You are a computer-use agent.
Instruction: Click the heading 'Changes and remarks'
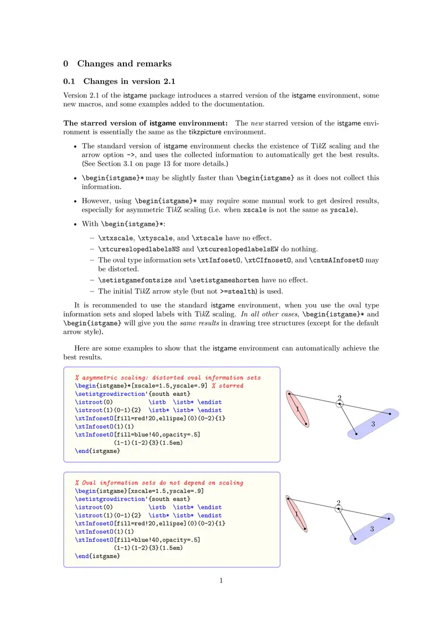pyautogui.click(x=124, y=64)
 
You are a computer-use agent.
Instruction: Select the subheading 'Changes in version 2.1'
pyautogui.click(x=130, y=81)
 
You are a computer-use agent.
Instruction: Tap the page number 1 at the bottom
pyautogui.click(x=221, y=581)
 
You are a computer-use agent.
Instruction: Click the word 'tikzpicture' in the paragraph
pyautogui.click(x=208, y=132)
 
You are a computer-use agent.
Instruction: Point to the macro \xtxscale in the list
pyautogui.click(x=117, y=238)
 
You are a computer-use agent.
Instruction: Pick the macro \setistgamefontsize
pyautogui.click(x=135, y=280)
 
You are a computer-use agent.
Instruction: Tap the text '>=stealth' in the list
pyautogui.click(x=238, y=291)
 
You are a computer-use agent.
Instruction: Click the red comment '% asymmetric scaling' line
pyautogui.click(x=168, y=378)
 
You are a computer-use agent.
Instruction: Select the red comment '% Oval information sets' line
pyautogui.click(x=159, y=483)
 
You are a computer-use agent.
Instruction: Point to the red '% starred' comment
pyautogui.click(x=227, y=385)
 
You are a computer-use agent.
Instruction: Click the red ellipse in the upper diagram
pyautogui.click(x=297, y=409)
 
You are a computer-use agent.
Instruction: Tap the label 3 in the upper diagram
pyautogui.click(x=373, y=424)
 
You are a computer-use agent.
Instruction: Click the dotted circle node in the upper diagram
pyautogui.click(x=340, y=404)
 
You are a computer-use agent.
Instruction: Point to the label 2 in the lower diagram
pyautogui.click(x=339, y=502)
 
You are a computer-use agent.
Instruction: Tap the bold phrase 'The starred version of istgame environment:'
pyautogui.click(x=146, y=123)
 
